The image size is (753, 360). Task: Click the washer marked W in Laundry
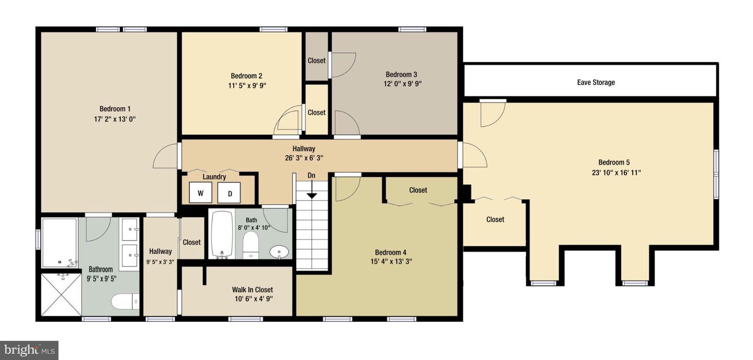tap(200, 193)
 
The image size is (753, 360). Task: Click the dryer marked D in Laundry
tap(230, 193)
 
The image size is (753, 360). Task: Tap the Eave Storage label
tap(596, 82)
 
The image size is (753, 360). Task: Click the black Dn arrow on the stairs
tap(312, 195)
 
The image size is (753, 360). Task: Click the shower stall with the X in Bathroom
tap(61, 295)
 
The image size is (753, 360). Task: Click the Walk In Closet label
tap(253, 289)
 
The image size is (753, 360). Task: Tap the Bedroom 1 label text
tap(115, 109)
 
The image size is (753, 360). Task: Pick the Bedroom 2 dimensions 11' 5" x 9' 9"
tap(246, 85)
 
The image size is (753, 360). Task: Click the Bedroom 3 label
tap(401, 74)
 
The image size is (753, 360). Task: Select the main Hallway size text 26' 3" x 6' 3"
tap(304, 158)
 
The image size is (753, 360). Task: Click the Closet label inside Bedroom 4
tap(418, 190)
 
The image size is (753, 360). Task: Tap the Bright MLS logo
tap(29, 350)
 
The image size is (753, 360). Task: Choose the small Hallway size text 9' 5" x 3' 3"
tap(160, 262)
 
